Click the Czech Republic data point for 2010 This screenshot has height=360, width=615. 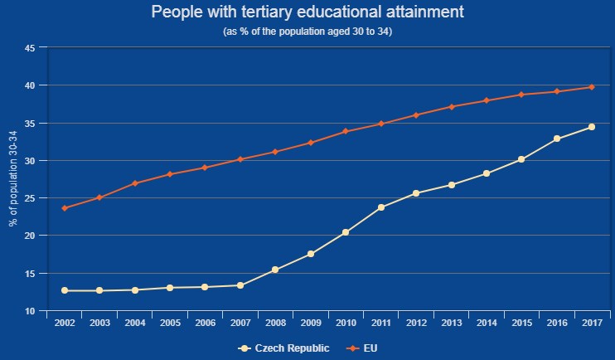pyautogui.click(x=346, y=232)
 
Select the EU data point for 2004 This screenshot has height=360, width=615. pyautogui.click(x=135, y=183)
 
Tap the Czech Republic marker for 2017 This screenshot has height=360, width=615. pyautogui.click(x=592, y=127)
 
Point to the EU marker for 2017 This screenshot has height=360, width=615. pyautogui.click(x=592, y=87)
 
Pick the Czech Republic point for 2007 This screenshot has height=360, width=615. pyautogui.click(x=240, y=285)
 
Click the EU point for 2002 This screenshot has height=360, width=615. pyautogui.click(x=65, y=208)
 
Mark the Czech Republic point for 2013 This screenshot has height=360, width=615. pyautogui.click(x=452, y=185)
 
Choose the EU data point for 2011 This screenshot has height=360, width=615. pyautogui.click(x=381, y=124)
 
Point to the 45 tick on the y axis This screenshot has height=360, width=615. pyautogui.click(x=30, y=48)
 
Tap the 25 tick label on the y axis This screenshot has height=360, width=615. pyautogui.click(x=30, y=198)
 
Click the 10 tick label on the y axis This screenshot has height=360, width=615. pyautogui.click(x=30, y=311)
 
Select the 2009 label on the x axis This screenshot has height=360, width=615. pyautogui.click(x=311, y=324)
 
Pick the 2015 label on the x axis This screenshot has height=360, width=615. pyautogui.click(x=521, y=324)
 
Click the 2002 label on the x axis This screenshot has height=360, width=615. pyautogui.click(x=65, y=324)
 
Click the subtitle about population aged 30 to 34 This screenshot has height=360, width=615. pyautogui.click(x=307, y=32)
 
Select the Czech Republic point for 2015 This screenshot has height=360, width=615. pyautogui.click(x=521, y=159)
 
